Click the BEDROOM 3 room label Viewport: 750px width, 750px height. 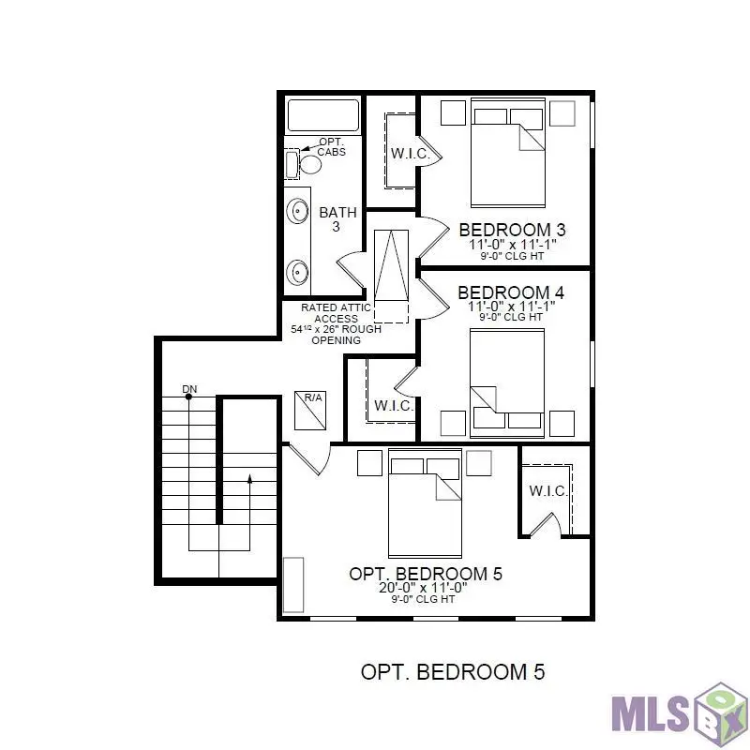(512, 230)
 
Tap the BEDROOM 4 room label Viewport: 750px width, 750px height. (511, 292)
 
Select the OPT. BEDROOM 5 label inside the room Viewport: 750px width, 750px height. (426, 574)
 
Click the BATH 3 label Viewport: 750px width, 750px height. (337, 218)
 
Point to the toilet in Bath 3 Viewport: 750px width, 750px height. (310, 164)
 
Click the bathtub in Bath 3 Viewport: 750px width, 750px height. (322, 114)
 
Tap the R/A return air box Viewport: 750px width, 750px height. (310, 411)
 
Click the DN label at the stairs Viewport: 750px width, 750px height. (189, 389)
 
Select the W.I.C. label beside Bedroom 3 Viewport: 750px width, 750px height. (410, 154)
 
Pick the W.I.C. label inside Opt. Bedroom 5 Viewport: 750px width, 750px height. (548, 490)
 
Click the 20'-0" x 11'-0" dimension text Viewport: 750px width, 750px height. (423, 588)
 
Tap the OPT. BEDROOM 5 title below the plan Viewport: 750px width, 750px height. (453, 672)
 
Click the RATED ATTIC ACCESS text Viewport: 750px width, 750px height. (336, 313)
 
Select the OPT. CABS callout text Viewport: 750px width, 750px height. (332, 147)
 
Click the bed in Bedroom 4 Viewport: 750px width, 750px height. (507, 383)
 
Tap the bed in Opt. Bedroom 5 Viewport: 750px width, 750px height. (425, 503)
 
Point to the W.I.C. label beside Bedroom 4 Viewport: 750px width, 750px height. (394, 406)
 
